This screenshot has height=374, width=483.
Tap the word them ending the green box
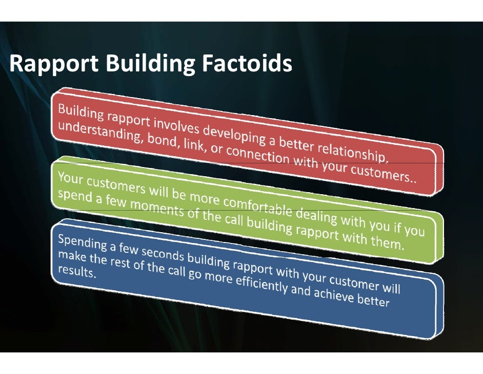pos(384,241)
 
